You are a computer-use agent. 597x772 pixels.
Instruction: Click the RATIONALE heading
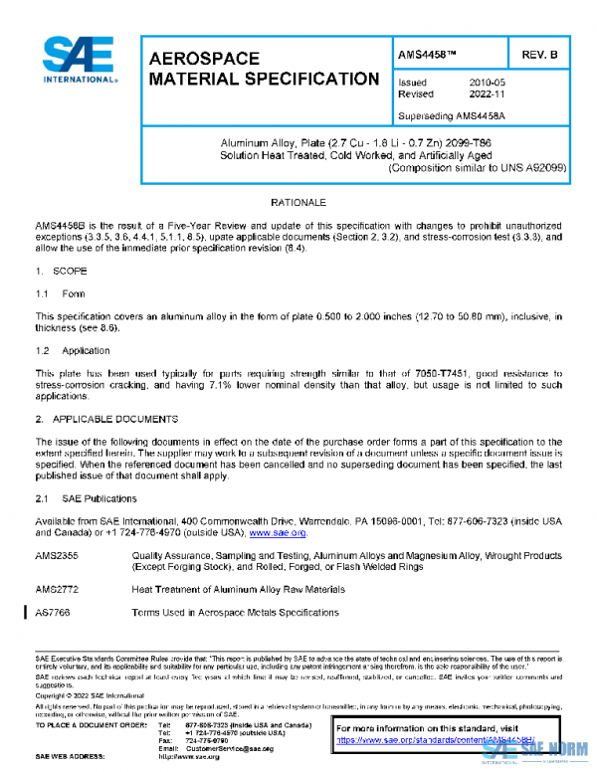[298, 202]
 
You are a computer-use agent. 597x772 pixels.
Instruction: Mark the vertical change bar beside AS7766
[25, 613]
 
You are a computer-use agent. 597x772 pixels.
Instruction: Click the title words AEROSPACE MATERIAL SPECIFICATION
[263, 69]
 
